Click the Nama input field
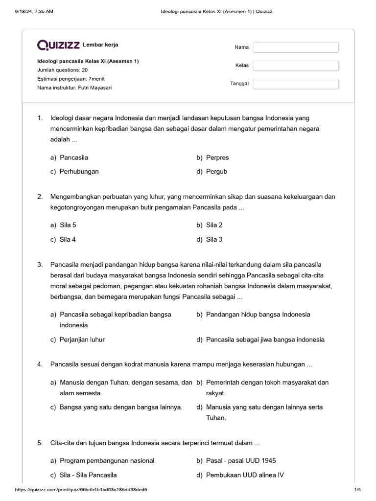[x=296, y=47]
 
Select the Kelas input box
[x=296, y=66]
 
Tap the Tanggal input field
[x=296, y=84]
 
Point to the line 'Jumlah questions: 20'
[x=63, y=70]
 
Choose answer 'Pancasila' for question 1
[x=74, y=158]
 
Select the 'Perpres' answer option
[x=217, y=158]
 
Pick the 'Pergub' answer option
[x=216, y=172]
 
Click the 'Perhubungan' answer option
[x=79, y=172]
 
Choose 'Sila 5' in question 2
[x=68, y=225]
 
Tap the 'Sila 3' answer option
[x=214, y=239]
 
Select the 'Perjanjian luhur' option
[x=82, y=340]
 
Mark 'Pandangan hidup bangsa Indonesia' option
[x=258, y=314]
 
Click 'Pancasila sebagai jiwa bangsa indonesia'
[x=265, y=340]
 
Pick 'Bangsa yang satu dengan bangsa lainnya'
[x=121, y=407]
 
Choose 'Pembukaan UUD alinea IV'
[x=245, y=475]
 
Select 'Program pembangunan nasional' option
[x=107, y=460]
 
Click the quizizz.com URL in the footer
[x=81, y=490]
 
